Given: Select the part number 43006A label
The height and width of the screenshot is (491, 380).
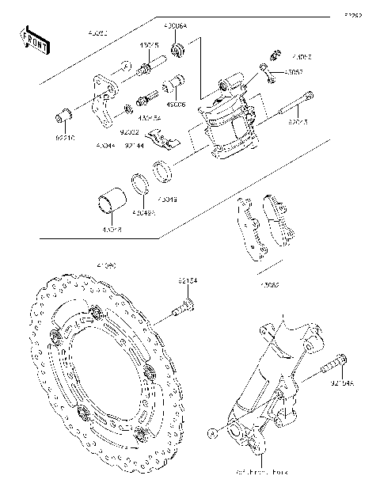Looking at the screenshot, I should [x=175, y=26].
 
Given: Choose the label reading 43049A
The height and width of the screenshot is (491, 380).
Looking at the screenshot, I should [x=143, y=212].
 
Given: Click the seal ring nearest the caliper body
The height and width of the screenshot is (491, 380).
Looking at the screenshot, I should [x=162, y=169].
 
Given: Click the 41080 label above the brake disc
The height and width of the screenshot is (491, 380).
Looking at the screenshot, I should [x=106, y=267].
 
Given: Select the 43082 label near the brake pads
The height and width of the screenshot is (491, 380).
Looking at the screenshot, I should [x=268, y=283].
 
